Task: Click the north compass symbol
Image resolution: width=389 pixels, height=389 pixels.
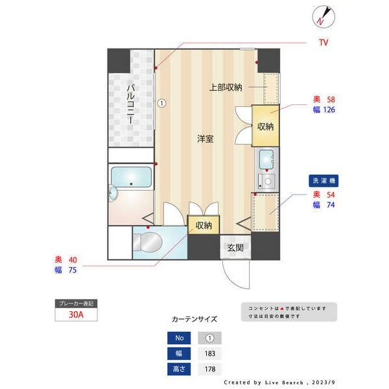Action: click(322, 17)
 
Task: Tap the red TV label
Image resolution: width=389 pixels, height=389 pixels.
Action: click(323, 43)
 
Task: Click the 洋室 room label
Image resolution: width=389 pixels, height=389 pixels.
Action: click(206, 139)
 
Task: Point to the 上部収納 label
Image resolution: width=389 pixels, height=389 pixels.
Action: click(226, 87)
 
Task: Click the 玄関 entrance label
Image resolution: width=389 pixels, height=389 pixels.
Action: click(235, 248)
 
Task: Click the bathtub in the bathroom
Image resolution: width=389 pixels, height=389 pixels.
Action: click(131, 178)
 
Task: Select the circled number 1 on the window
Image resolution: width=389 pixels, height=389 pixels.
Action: click(162, 102)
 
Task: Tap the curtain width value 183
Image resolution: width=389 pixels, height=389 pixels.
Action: click(209, 353)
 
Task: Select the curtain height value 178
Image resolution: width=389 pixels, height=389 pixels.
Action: click(209, 369)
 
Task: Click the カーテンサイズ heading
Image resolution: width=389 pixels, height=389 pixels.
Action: click(194, 320)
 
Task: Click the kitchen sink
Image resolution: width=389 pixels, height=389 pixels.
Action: click(265, 158)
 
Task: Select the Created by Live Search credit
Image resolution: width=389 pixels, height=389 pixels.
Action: click(279, 383)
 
